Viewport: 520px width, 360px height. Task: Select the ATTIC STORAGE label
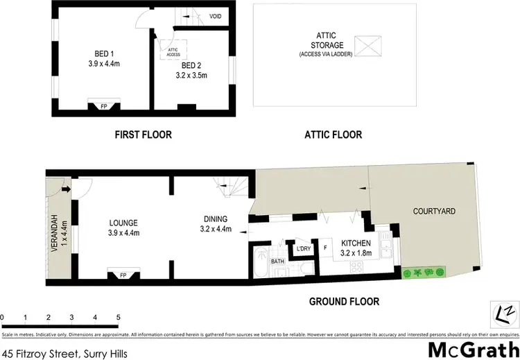[326, 43]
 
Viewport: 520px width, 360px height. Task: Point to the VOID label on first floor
[215, 16]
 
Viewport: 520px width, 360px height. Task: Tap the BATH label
[278, 261]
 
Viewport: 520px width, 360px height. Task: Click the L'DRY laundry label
[303, 248]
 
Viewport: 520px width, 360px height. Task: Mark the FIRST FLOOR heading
[143, 135]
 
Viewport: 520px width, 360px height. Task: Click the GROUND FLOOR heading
[345, 302]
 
